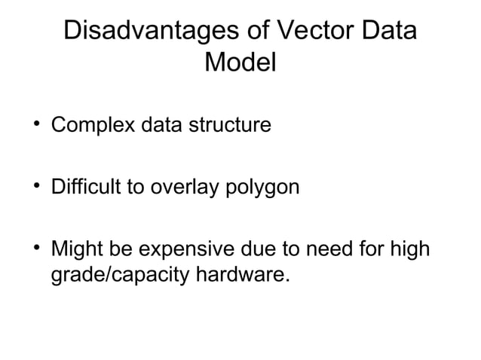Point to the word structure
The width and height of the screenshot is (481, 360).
pos(231,124)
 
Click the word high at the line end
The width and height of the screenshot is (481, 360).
pos(410,248)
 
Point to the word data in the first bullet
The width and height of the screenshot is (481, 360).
pos(160,124)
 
